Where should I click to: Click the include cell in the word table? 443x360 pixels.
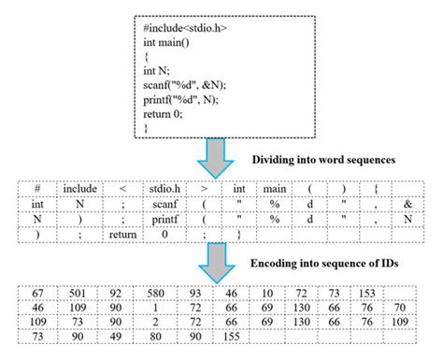[79, 189]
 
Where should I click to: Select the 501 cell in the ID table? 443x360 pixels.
[79, 294]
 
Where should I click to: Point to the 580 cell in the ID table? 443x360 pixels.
[163, 294]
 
